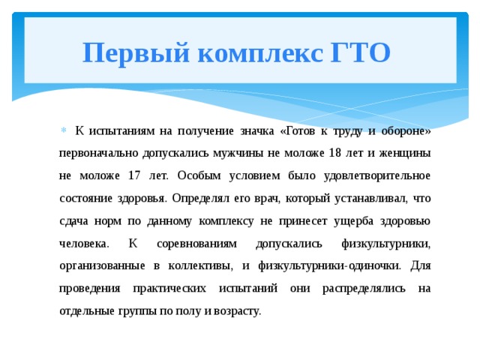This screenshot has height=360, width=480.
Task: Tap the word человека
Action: coord(82,244)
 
